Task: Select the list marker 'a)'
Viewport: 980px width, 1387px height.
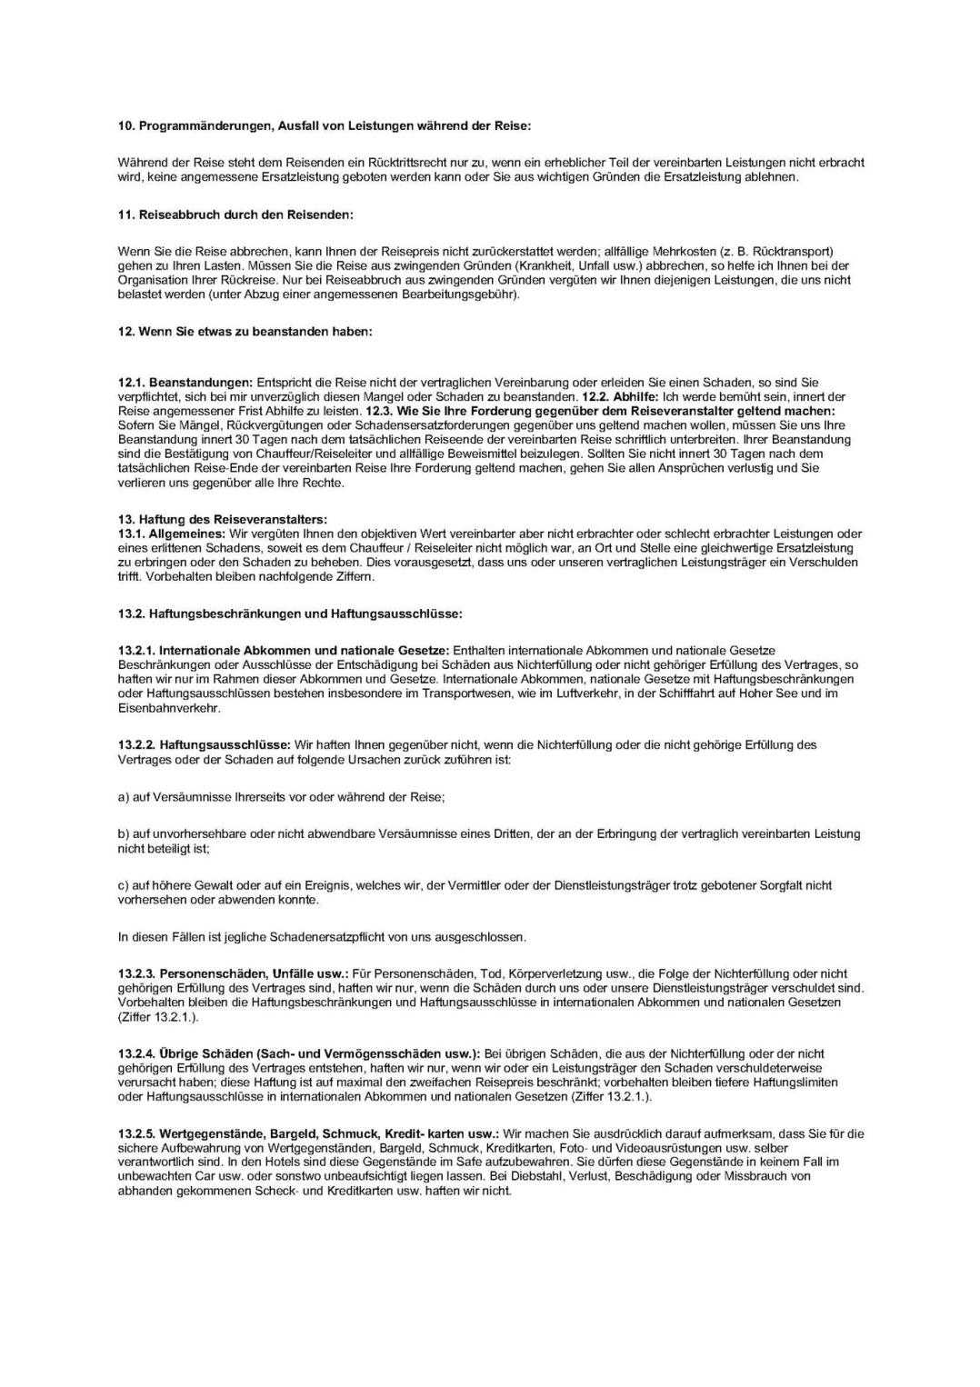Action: [124, 796]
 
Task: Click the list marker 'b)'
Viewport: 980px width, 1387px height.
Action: [124, 833]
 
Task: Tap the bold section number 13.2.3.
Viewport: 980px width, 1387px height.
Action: [136, 973]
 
